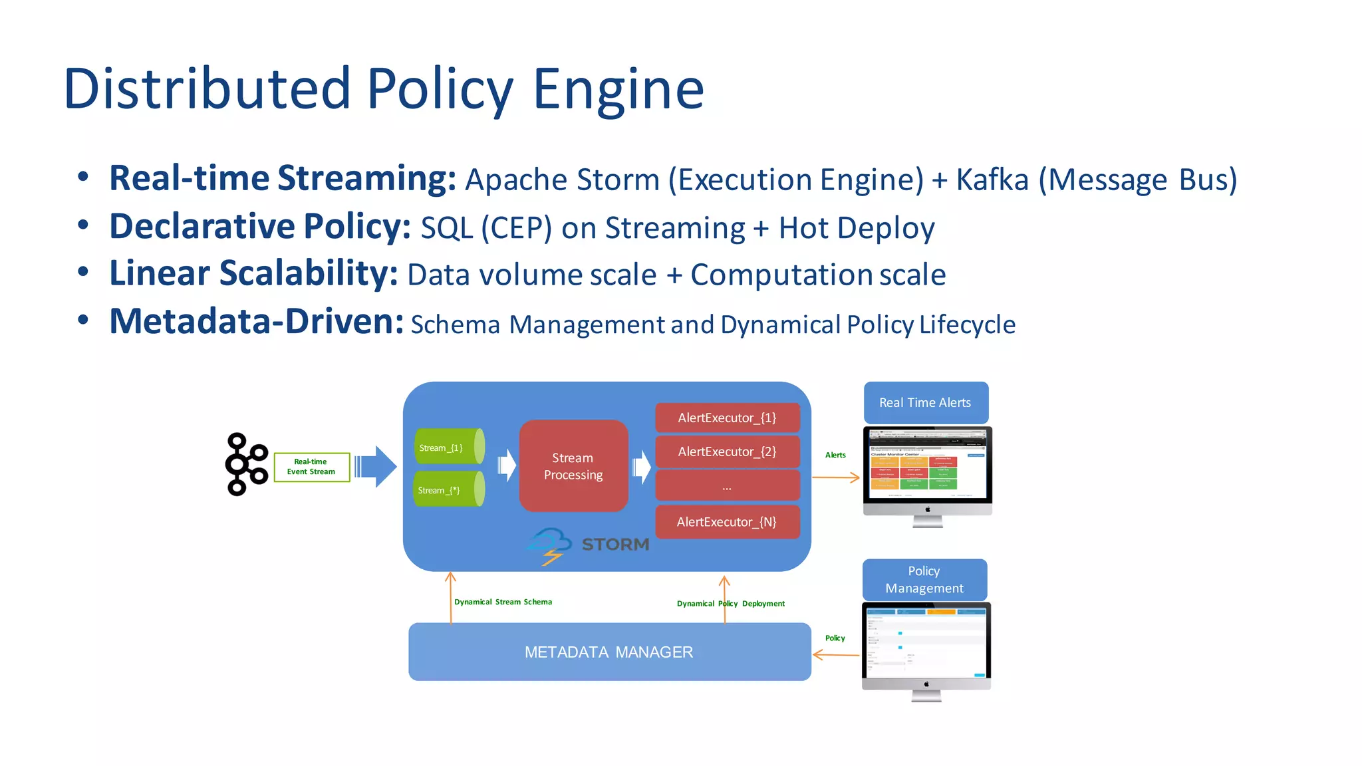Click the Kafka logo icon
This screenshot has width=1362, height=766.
click(246, 464)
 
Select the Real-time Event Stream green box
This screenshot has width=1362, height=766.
click(311, 467)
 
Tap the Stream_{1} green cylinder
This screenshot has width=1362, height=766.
click(448, 447)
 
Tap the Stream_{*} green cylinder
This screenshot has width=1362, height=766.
click(448, 489)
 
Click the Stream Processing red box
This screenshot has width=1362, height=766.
click(573, 465)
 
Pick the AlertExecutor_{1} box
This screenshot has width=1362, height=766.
click(727, 418)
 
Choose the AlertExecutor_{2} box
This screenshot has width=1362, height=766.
click(727, 451)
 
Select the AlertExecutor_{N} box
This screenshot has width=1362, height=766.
click(727, 522)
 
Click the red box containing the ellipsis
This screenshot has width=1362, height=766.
click(727, 486)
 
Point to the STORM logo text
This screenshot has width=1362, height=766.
click(615, 545)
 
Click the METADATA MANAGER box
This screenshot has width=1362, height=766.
click(609, 652)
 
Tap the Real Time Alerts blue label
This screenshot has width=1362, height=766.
click(925, 402)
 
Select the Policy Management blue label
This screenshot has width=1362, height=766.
click(924, 580)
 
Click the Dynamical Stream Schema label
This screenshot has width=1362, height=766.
click(503, 602)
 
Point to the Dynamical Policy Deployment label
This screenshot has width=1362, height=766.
click(730, 604)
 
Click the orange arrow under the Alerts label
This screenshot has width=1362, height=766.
click(836, 477)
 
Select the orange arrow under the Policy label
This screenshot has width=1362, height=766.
click(836, 655)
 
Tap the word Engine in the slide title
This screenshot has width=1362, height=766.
click(618, 90)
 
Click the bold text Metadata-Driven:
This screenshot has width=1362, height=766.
click(256, 322)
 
